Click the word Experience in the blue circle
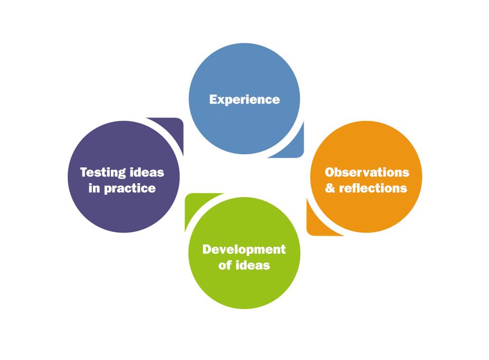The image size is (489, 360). point(245,99)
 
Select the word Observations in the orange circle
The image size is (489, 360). point(367,172)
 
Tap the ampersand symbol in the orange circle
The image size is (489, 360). point(330,188)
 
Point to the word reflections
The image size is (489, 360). point(373,188)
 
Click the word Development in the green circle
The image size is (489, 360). point(244,249)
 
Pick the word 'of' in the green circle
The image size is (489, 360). point(225,265)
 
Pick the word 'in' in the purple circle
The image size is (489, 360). point(94,188)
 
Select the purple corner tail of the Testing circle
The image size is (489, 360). point(174,127)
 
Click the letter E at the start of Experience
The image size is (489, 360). point(213,99)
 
